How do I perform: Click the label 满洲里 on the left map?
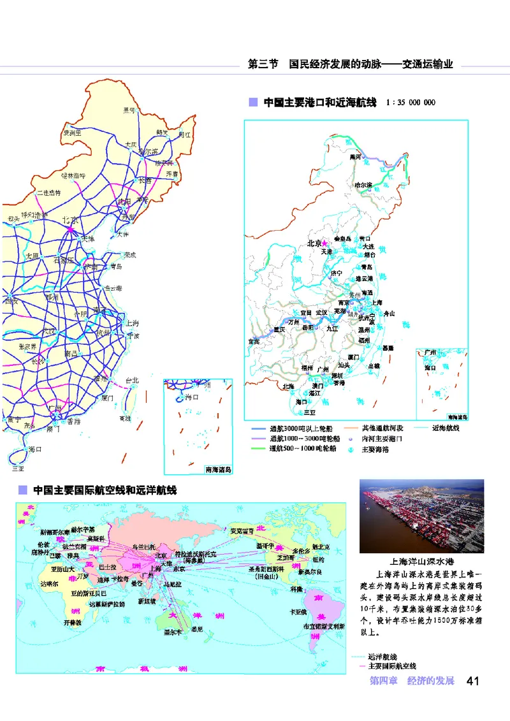pyautogui.click(x=71, y=133)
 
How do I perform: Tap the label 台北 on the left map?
pyautogui.click(x=132, y=380)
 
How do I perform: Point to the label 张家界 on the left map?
pyautogui.click(x=27, y=346)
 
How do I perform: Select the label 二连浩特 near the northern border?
pyautogui.click(x=48, y=192)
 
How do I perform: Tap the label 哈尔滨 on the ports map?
pyautogui.click(x=363, y=185)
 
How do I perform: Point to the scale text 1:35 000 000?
pyautogui.click(x=411, y=102)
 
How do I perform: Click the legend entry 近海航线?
pyautogui.click(x=446, y=428)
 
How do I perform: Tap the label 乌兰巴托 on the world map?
pyautogui.click(x=143, y=546)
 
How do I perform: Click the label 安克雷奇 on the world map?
pyautogui.click(x=242, y=530)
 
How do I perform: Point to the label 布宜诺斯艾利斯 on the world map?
pyautogui.click(x=324, y=627)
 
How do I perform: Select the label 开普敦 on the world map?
pyautogui.click(x=73, y=621)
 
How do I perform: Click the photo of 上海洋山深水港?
pyautogui.click(x=422, y=516)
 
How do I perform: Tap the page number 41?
pyautogui.click(x=472, y=680)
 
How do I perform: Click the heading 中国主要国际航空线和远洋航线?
pyautogui.click(x=105, y=490)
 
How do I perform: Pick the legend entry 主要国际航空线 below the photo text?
pyautogui.click(x=387, y=666)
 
